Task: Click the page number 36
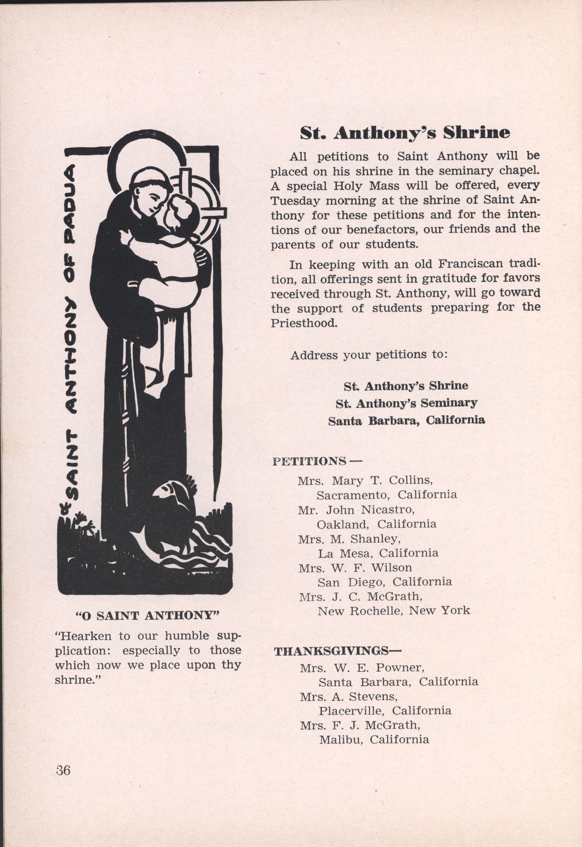63,770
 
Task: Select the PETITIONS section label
309,461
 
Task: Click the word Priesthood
303,323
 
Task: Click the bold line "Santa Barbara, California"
407,420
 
